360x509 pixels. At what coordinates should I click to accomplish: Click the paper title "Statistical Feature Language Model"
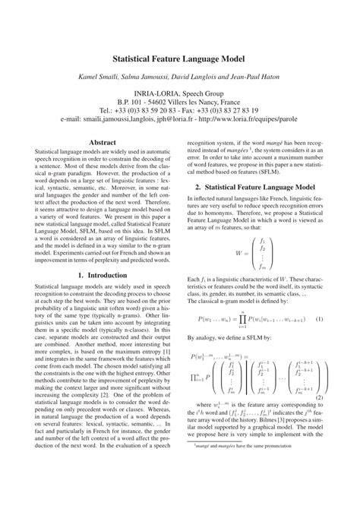click(180, 56)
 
